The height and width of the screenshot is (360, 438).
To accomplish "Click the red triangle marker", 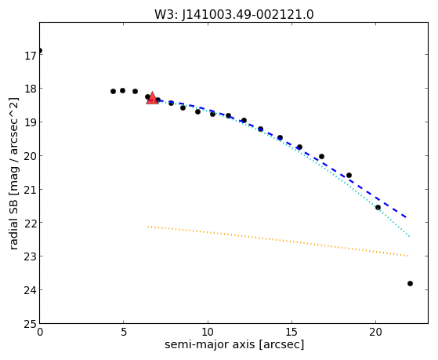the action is pos(152,98).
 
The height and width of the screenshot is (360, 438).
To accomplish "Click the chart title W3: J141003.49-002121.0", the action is pos(234,15).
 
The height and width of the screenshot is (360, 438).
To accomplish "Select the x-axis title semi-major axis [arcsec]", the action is pos(234,344).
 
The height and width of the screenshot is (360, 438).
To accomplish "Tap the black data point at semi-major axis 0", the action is pos(40,51).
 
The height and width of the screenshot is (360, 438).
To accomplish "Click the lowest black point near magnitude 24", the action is pos(410,284).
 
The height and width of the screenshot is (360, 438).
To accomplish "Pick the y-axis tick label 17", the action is pos(31,56).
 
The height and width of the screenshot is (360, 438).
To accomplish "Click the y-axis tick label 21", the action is pos(31,190).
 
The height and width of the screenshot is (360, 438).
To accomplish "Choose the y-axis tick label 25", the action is pos(31,325).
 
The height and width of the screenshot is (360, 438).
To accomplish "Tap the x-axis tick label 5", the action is pos(124,333).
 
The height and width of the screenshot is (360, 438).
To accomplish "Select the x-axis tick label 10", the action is pos(208,333).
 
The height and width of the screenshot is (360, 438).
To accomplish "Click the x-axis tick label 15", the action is pos(292,333).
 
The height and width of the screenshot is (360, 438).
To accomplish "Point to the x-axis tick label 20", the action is pos(375,333).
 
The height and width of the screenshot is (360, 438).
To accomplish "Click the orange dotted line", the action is pos(278,241).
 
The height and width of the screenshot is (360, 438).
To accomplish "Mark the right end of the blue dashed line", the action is pos(406,217).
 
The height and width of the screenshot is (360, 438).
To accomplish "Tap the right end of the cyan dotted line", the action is pos(409,237).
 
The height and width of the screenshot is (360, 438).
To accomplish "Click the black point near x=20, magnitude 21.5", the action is pos(378,208).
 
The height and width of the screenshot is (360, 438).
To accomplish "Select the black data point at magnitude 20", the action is pos(321,156).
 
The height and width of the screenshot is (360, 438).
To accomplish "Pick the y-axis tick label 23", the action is pos(31,256).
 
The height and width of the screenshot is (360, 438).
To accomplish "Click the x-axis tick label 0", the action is pos(40,333).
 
